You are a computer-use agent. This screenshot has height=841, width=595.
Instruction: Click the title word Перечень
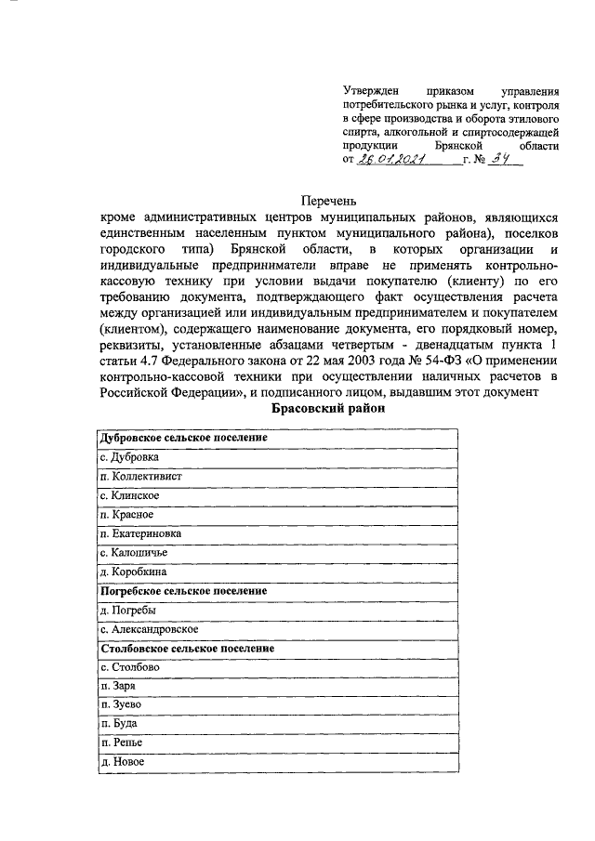(x=328, y=200)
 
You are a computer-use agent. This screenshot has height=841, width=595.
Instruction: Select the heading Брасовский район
(x=328, y=409)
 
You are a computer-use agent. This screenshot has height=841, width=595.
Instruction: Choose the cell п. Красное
(x=126, y=515)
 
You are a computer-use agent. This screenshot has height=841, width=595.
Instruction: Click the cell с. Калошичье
(x=132, y=553)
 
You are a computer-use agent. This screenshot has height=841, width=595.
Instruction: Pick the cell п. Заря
(x=117, y=686)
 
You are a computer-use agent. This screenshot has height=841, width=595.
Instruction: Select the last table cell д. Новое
(x=121, y=762)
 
